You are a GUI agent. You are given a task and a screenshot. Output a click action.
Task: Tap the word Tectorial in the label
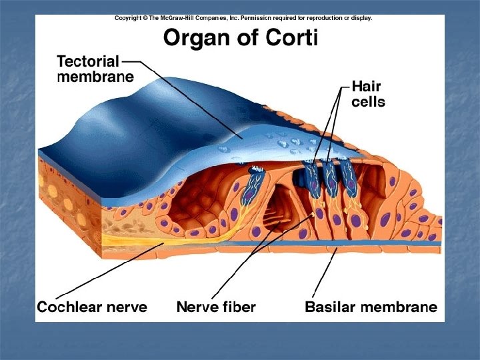tap(88, 61)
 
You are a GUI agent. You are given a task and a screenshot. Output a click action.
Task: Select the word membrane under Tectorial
tap(95, 76)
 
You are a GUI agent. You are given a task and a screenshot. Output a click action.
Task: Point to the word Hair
tap(365, 87)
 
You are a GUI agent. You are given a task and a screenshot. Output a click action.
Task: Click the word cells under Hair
tap(368, 103)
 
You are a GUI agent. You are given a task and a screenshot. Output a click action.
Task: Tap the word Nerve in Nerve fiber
tap(198, 307)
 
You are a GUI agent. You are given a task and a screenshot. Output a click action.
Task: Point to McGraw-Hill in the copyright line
tap(194, 19)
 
